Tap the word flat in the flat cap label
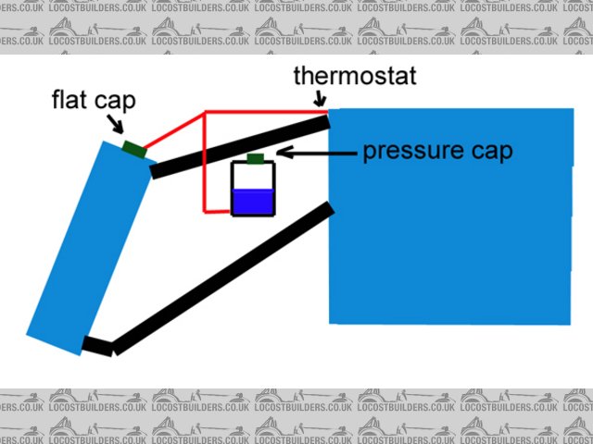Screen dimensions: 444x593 [x=69, y=99]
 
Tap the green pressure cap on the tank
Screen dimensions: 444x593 [x=256, y=158]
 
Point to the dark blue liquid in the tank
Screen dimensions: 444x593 [x=252, y=203]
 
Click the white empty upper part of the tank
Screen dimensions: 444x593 [x=252, y=177]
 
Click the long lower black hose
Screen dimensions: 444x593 [x=222, y=277]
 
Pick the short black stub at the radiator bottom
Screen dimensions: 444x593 [x=97, y=346]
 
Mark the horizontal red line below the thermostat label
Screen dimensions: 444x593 [x=264, y=112]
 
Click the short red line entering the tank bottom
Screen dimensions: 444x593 [x=219, y=213]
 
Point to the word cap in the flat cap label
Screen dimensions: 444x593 [x=114, y=99]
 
